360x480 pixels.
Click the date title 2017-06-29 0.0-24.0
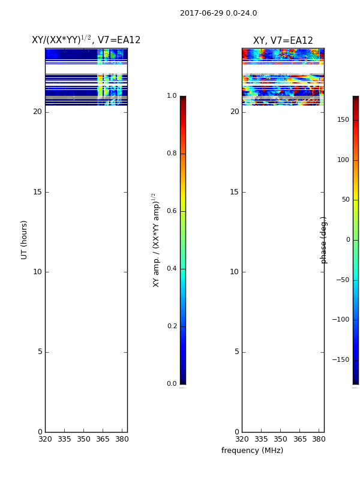[x=218, y=13]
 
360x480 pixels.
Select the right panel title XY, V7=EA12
[x=283, y=40]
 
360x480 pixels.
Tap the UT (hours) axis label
[x=24, y=240]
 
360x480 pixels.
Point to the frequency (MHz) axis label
[x=252, y=451]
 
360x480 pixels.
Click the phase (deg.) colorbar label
[x=323, y=240]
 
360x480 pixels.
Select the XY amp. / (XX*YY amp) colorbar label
[x=156, y=240]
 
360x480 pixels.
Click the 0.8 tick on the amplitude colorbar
[x=172, y=153]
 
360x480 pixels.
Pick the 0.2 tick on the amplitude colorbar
[x=172, y=326]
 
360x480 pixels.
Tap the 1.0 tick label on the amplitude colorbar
[x=172, y=95]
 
